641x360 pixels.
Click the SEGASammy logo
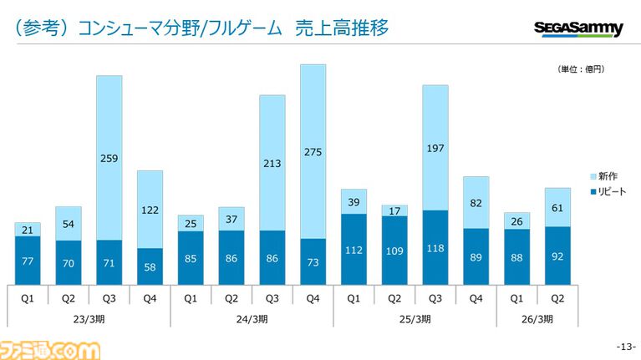point(578,29)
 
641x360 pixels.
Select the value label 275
point(313,151)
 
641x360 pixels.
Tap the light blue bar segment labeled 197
point(435,147)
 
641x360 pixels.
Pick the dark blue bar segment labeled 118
point(435,248)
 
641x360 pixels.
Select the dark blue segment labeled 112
point(354,249)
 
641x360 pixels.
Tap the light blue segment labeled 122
point(150,209)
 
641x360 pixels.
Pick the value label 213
point(272,163)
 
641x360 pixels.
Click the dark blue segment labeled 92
point(557,256)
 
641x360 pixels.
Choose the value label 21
point(28,229)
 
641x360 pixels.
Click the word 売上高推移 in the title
point(342,29)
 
